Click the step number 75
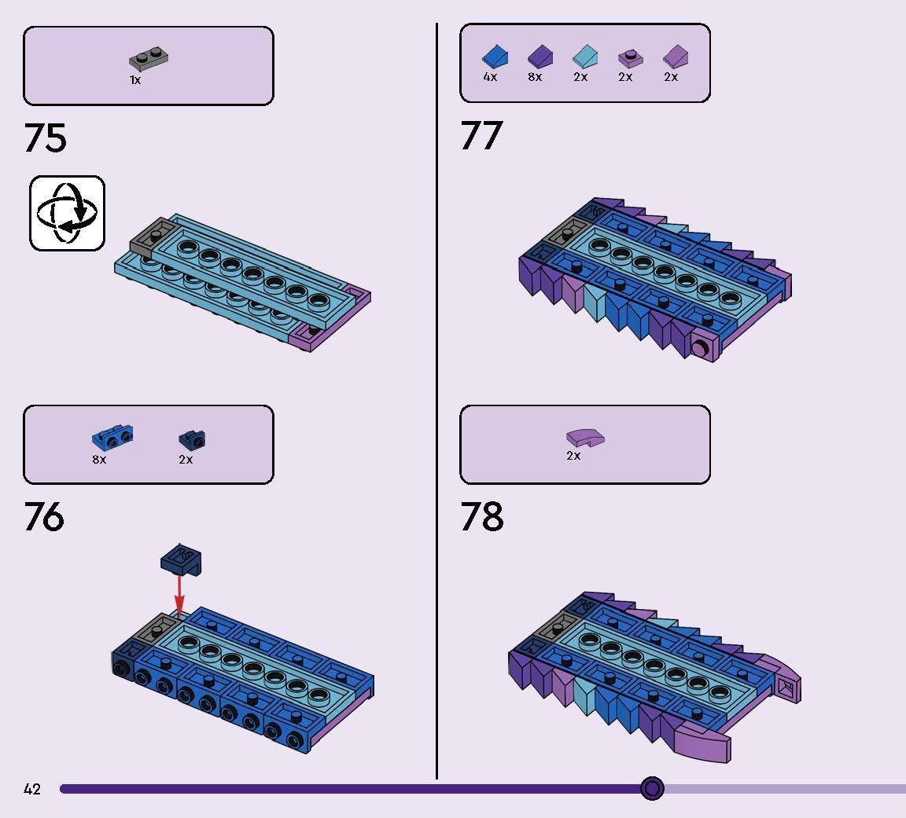tap(46, 138)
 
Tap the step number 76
tap(44, 517)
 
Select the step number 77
tap(481, 136)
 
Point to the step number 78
tap(481, 517)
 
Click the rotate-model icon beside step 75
tap(67, 214)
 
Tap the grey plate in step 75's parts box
tap(149, 59)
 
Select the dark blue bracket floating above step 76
tap(181, 559)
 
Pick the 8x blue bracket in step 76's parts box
tap(112, 438)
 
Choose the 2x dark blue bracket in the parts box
tap(192, 440)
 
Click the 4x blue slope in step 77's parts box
tap(494, 57)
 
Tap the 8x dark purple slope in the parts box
tap(540, 57)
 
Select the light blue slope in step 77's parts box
tap(584, 57)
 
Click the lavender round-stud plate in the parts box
tap(630, 58)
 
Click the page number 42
tap(32, 789)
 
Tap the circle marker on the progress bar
tap(652, 788)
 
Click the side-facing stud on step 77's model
tap(700, 347)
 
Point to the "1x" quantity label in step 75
tap(135, 80)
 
